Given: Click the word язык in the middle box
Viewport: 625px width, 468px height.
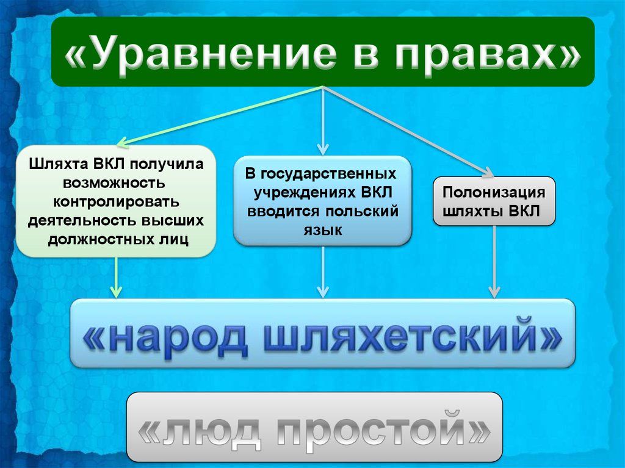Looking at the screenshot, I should [322, 230].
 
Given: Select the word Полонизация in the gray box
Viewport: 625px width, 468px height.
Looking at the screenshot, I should [494, 193].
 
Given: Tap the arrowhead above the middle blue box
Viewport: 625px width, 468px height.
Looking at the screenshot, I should [323, 149].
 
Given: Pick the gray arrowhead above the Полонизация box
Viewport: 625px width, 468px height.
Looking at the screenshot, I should [486, 171].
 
